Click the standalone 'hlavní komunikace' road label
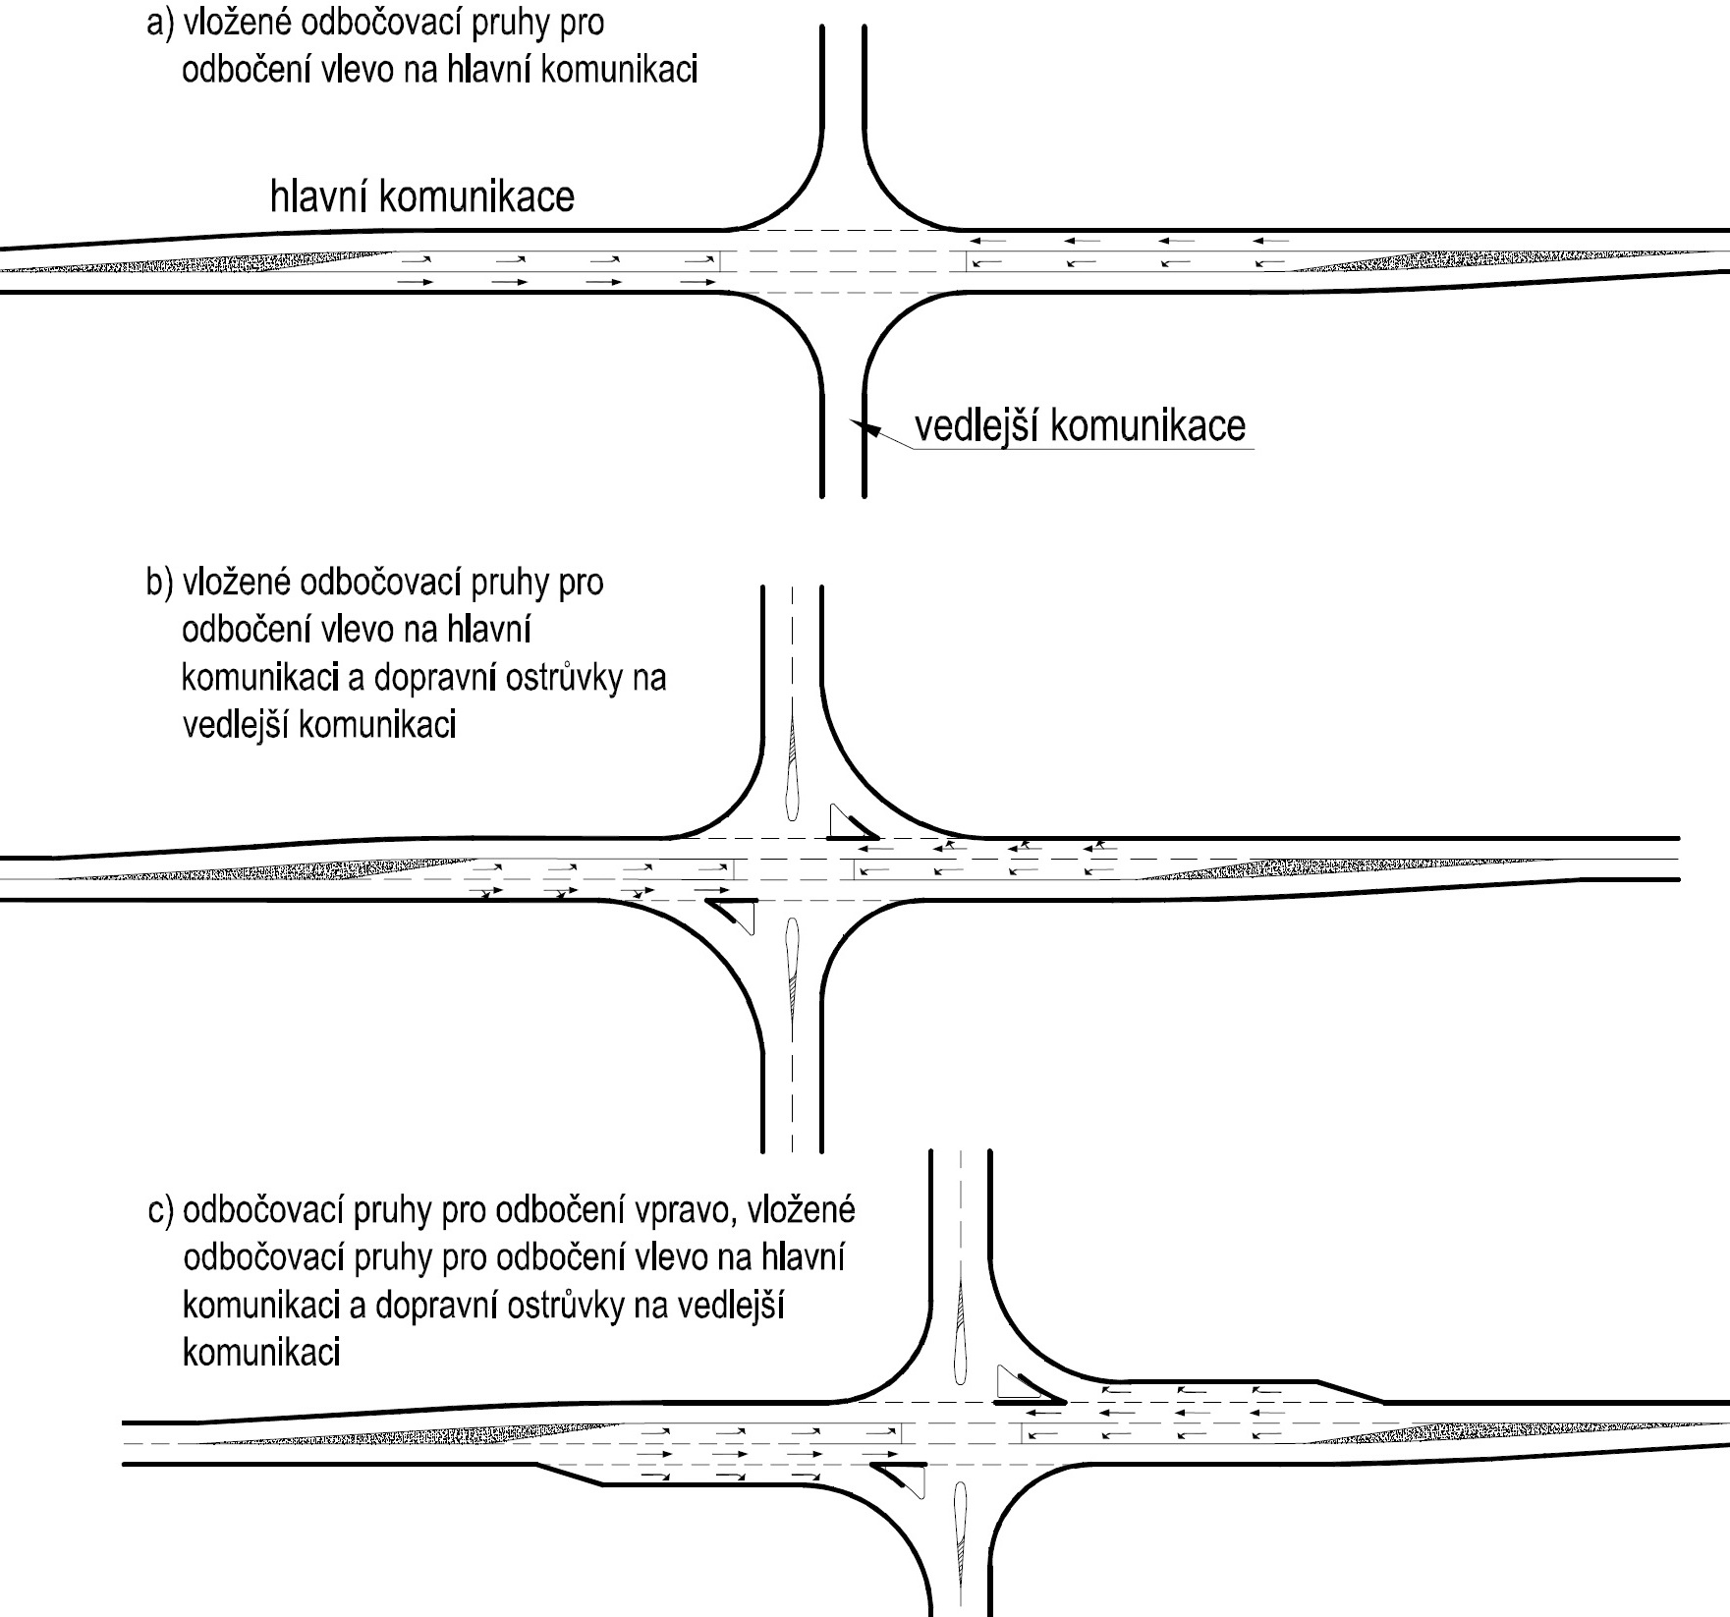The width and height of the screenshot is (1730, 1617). (x=421, y=196)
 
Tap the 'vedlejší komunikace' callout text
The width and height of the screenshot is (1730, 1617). (x=1080, y=425)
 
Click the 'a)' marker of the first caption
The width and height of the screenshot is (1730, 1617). (x=159, y=24)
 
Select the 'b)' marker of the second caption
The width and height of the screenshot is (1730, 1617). (x=159, y=583)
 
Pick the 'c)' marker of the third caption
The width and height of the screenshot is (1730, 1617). (x=161, y=1211)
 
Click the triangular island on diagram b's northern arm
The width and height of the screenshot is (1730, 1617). (x=852, y=823)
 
